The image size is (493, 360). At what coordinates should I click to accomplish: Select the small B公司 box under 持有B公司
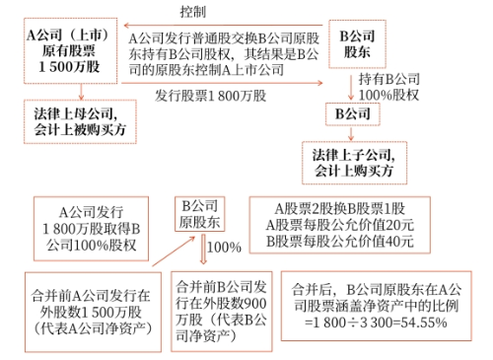[x=354, y=113]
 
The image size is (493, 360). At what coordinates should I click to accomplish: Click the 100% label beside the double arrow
[x=224, y=245]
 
